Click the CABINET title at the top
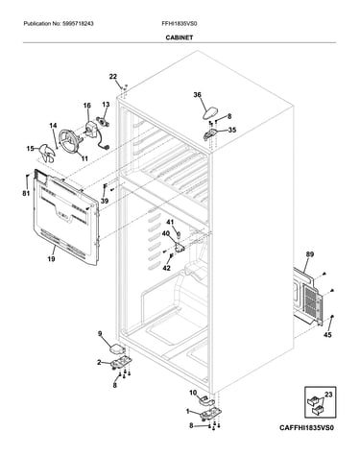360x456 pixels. [180, 37]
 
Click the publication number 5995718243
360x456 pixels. [79, 24]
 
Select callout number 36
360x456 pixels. [198, 95]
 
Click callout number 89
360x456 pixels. [310, 254]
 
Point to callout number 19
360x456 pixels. [51, 259]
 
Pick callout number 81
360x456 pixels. [26, 193]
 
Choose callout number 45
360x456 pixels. [327, 335]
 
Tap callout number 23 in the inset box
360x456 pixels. [328, 395]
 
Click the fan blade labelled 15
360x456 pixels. [47, 153]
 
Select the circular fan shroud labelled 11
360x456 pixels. [69, 142]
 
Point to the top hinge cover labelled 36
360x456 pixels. [210, 113]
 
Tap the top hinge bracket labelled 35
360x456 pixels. [210, 134]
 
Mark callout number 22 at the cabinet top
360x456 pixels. [113, 77]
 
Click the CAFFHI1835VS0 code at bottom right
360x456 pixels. [306, 428]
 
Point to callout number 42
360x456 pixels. [167, 268]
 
